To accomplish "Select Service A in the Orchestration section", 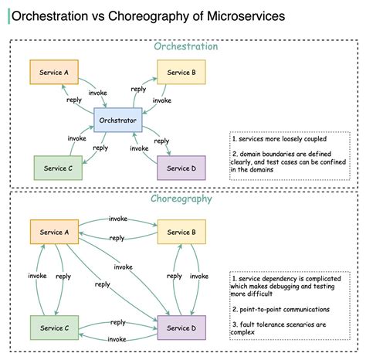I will (55, 73).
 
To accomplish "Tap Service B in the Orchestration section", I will (181, 73).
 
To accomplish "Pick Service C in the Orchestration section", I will (59, 168).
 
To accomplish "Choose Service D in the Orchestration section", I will (182, 168).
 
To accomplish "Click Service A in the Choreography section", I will (55, 232).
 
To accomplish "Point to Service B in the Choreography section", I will (181, 232).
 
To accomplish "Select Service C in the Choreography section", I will (55, 328).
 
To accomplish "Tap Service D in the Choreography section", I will (181, 328).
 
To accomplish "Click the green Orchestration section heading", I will (185, 46).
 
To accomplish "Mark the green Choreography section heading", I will (184, 199).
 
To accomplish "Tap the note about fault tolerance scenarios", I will (290, 328).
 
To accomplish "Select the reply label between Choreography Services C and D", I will (117, 322).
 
